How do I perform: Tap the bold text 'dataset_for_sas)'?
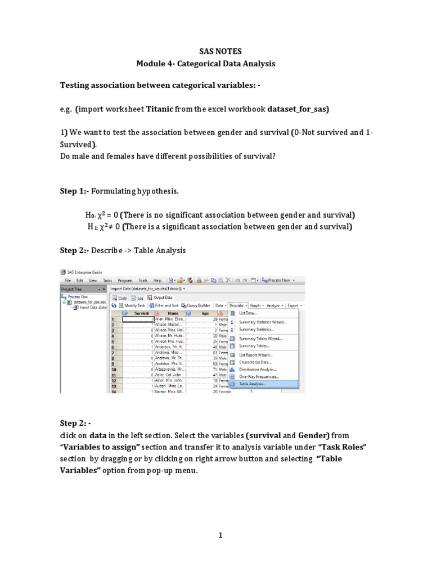299,109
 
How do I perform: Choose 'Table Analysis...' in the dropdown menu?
254,384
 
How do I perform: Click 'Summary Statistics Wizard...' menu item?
262,322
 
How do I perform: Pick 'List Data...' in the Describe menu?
248,313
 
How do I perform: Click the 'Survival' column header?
141,313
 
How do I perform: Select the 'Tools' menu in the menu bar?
143,280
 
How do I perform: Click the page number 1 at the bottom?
221,535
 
